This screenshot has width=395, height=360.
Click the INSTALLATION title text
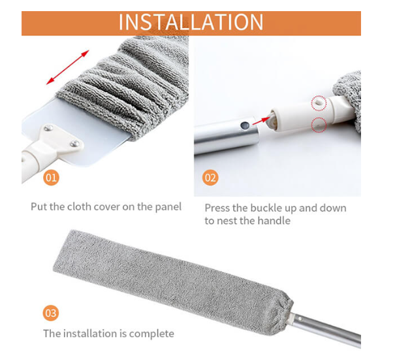pyautogui.click(x=191, y=22)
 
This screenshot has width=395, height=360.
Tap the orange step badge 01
pyautogui.click(x=51, y=178)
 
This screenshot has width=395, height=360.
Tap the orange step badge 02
pyautogui.click(x=210, y=178)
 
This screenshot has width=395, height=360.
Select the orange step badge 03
pyautogui.click(x=51, y=313)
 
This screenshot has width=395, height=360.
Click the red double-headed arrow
pyautogui.click(x=67, y=67)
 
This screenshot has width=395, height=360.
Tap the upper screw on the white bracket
pyautogui.click(x=48, y=128)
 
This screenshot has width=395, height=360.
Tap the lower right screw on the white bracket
pyautogui.click(x=74, y=144)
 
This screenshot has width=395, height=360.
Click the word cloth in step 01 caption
pyautogui.click(x=79, y=206)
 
